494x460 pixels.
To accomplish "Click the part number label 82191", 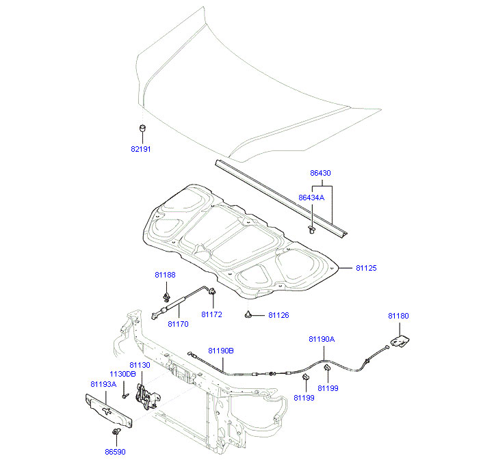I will [x=141, y=148].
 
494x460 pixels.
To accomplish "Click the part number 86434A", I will [x=311, y=198].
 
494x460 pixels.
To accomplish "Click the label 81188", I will [x=165, y=275].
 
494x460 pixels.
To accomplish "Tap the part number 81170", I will [x=178, y=324].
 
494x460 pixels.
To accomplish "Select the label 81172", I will [x=211, y=314].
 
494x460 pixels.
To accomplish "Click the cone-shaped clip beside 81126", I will [x=248, y=314].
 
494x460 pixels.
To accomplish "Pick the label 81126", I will [x=278, y=315].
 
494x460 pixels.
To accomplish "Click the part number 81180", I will [x=398, y=316].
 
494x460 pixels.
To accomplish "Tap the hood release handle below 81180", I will [x=399, y=339].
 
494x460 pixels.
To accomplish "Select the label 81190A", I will [x=322, y=339].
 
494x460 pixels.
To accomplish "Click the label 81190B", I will [x=221, y=351].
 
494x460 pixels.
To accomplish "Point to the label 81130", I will [x=140, y=366].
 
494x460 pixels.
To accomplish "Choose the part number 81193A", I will [x=103, y=384].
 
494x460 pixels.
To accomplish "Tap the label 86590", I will [x=115, y=452].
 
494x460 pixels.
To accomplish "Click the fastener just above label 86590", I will [x=116, y=433].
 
